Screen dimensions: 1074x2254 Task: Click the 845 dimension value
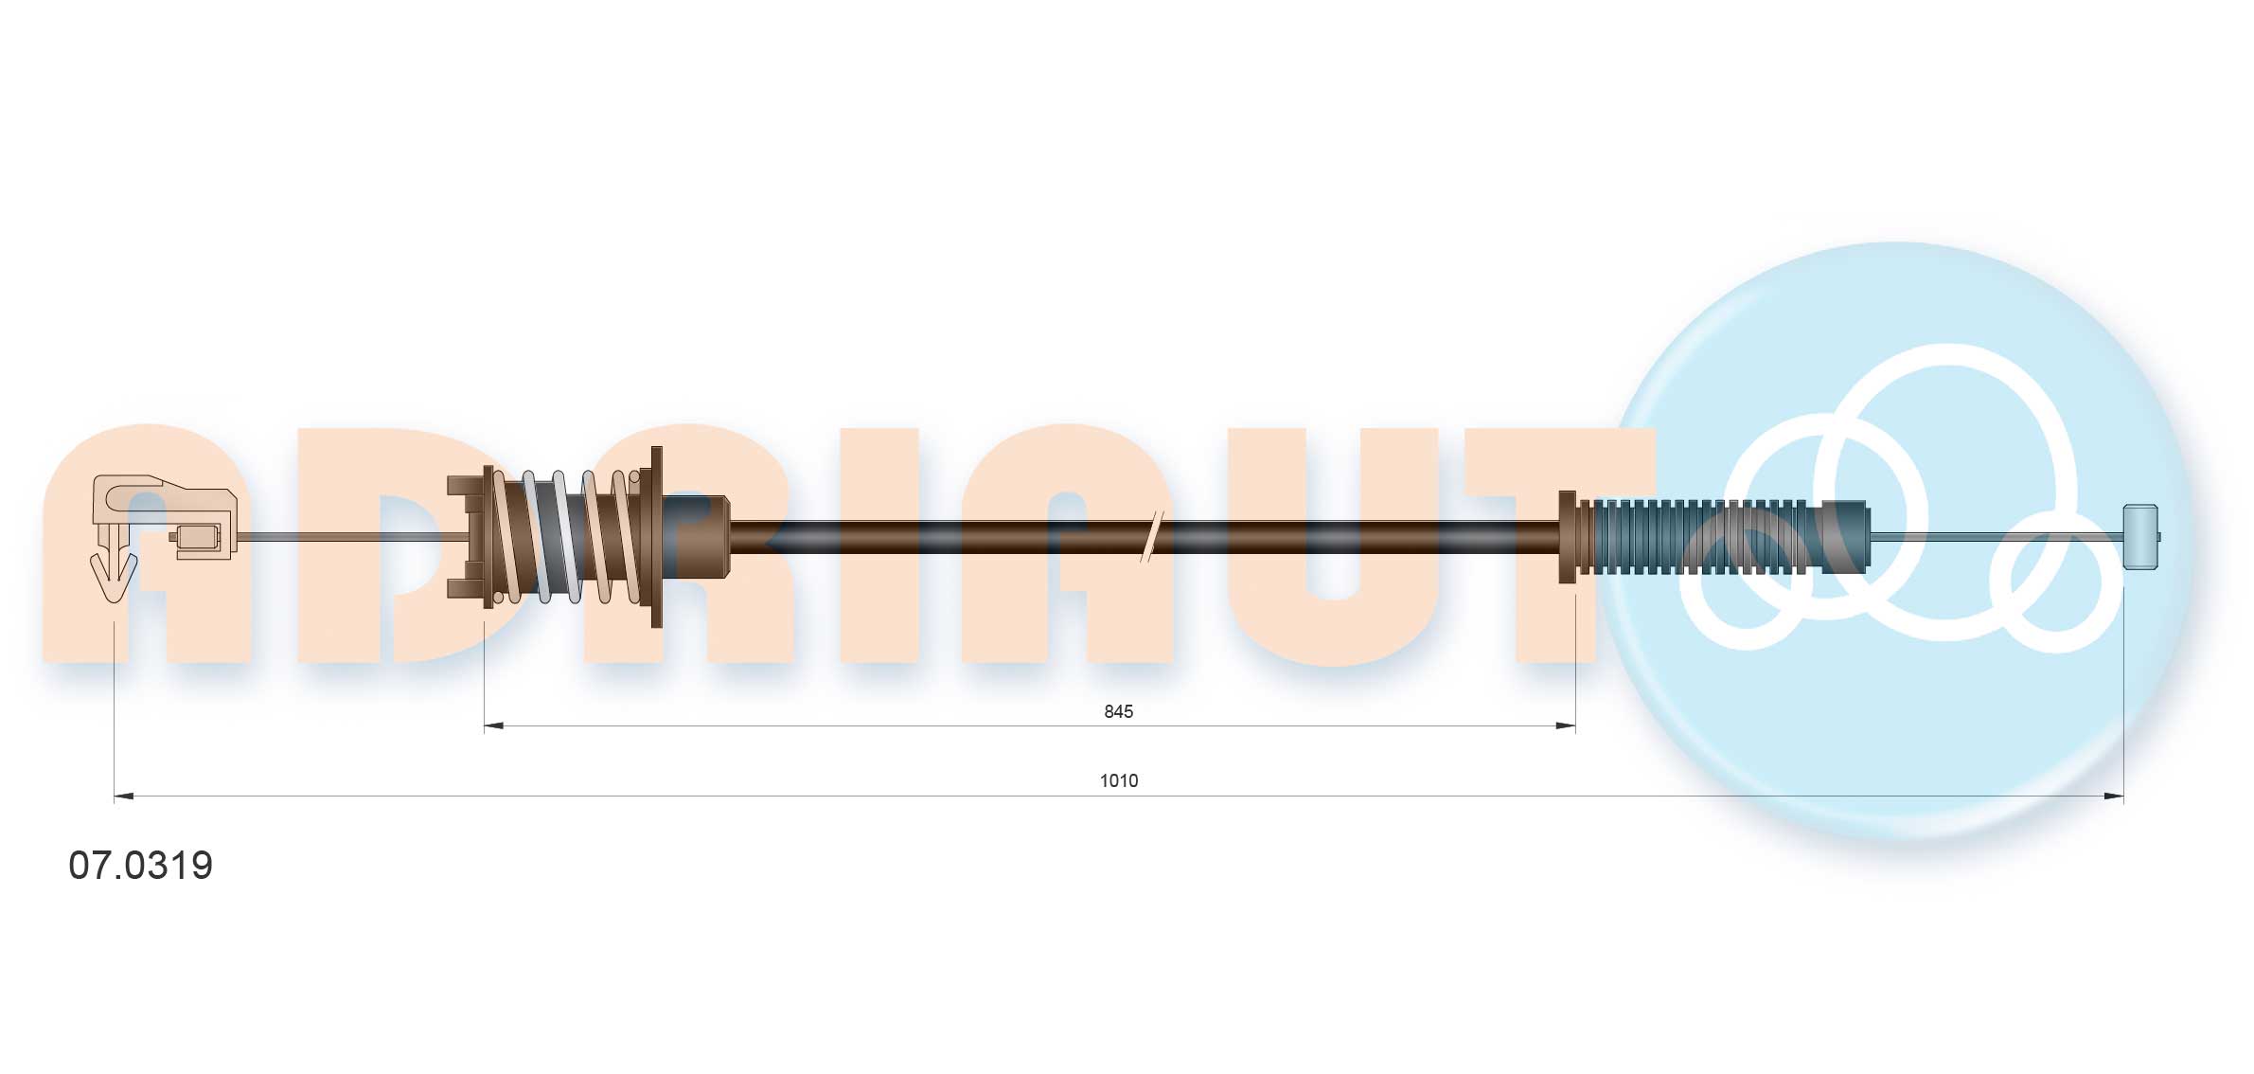[1118, 711]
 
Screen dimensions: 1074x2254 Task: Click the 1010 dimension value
[1118, 780]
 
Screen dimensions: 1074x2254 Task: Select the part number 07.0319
[141, 866]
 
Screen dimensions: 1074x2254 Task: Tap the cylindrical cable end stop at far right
[2139, 537]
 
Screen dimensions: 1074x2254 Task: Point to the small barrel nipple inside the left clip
[199, 538]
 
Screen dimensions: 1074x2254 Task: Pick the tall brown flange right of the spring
[656, 536]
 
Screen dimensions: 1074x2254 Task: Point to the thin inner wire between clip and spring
[350, 537]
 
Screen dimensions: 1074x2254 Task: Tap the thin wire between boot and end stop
[1997, 537]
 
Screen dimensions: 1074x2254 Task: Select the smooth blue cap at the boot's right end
[1846, 537]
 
